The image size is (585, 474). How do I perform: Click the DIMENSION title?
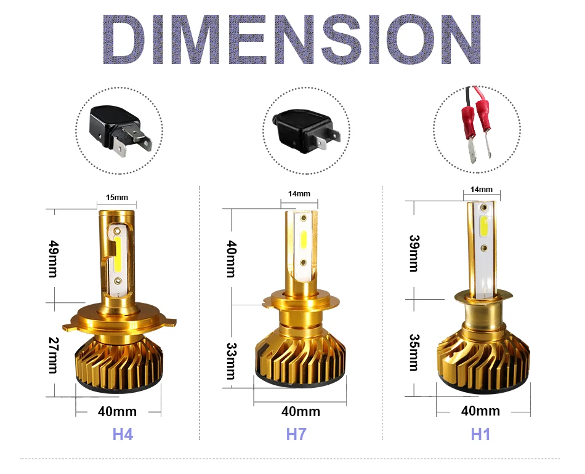[292, 39]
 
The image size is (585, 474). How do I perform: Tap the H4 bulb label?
[123, 435]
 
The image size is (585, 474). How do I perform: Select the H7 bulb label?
[296, 435]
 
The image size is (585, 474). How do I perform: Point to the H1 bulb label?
[480, 435]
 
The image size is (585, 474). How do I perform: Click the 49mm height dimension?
[54, 259]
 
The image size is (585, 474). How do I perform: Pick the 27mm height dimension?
[54, 355]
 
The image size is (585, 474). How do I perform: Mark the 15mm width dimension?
[117, 197]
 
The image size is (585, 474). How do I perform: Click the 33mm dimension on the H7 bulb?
[232, 361]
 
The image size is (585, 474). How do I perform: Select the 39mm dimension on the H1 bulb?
[414, 253]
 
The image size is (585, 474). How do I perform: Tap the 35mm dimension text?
[414, 353]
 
